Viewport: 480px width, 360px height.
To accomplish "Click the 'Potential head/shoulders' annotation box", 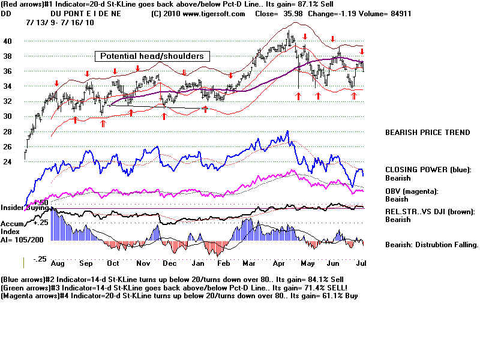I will pyautogui.click(x=152, y=56).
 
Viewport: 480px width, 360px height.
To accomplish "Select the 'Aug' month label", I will pyautogui.click(x=58, y=263).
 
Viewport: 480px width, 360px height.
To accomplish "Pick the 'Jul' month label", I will pyautogui.click(x=361, y=263).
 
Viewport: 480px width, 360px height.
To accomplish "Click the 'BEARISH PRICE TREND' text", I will pyautogui.click(x=427, y=133).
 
